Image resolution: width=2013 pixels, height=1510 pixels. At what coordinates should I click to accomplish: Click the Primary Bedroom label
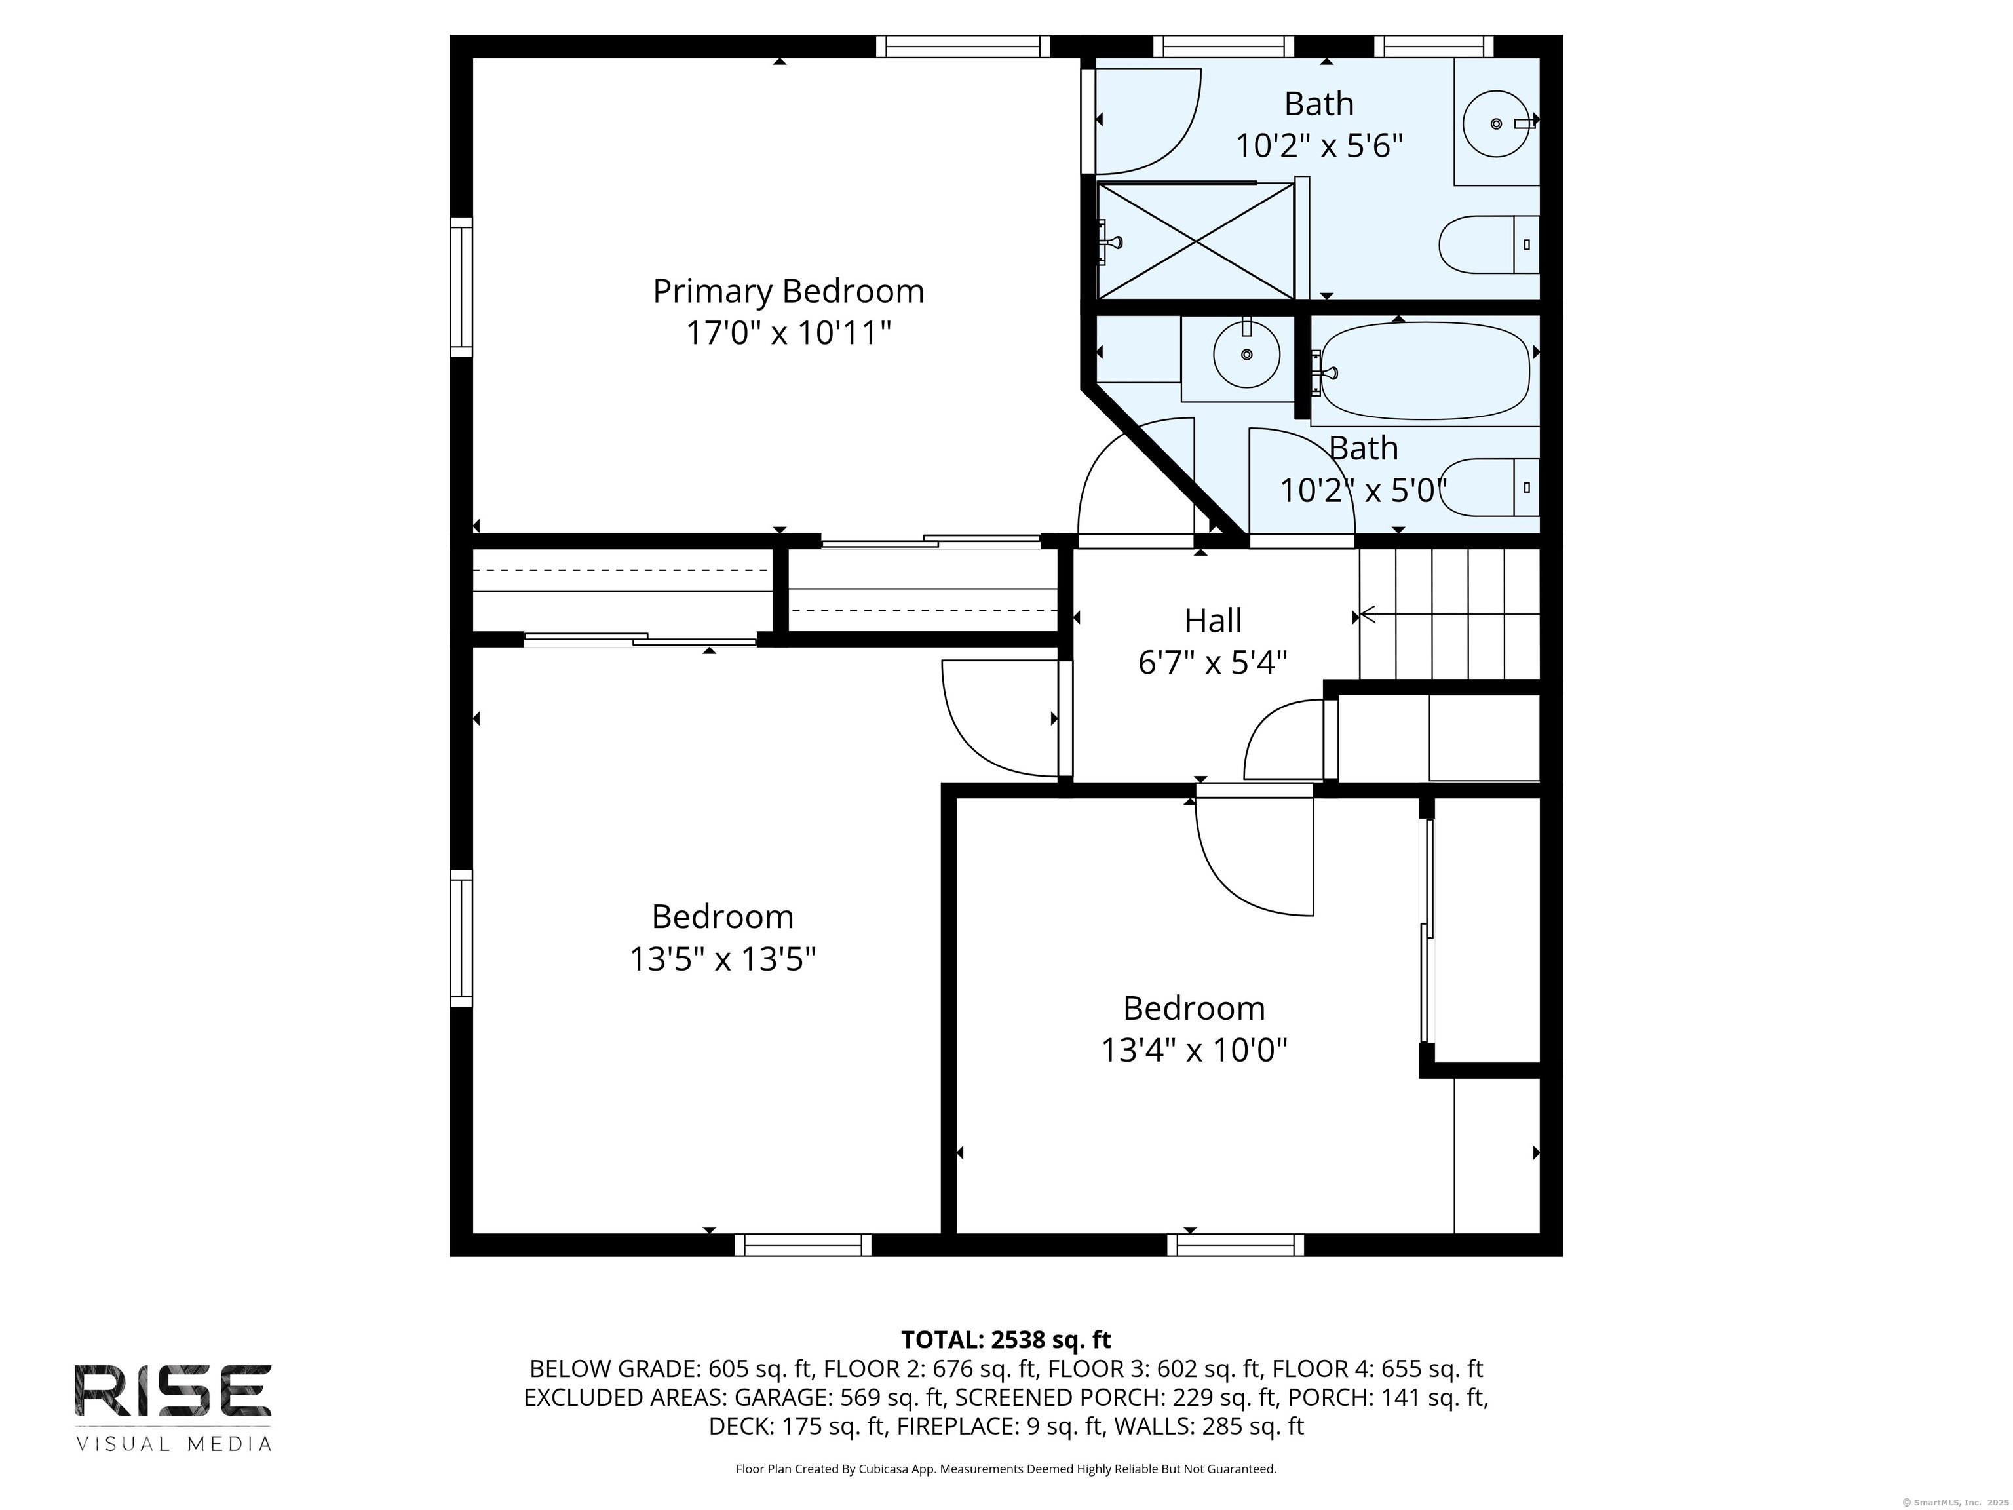(788, 291)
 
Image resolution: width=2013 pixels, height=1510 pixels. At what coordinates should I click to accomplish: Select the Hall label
(1212, 621)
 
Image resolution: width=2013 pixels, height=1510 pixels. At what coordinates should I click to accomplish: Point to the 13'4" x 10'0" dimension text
(1194, 1051)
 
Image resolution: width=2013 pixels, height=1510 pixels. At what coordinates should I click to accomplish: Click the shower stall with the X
(1196, 241)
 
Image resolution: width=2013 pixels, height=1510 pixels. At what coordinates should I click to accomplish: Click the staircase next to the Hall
(1449, 614)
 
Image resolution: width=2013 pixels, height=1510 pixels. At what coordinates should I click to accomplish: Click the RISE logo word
(173, 1391)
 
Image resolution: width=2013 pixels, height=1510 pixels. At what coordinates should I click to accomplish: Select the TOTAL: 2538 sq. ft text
(1006, 1340)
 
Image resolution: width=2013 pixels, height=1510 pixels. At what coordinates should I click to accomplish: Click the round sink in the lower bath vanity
(1246, 354)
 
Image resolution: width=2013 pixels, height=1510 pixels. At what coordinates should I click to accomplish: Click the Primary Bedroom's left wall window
(463, 286)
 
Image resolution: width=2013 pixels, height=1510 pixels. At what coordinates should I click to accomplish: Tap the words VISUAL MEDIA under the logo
(173, 1444)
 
